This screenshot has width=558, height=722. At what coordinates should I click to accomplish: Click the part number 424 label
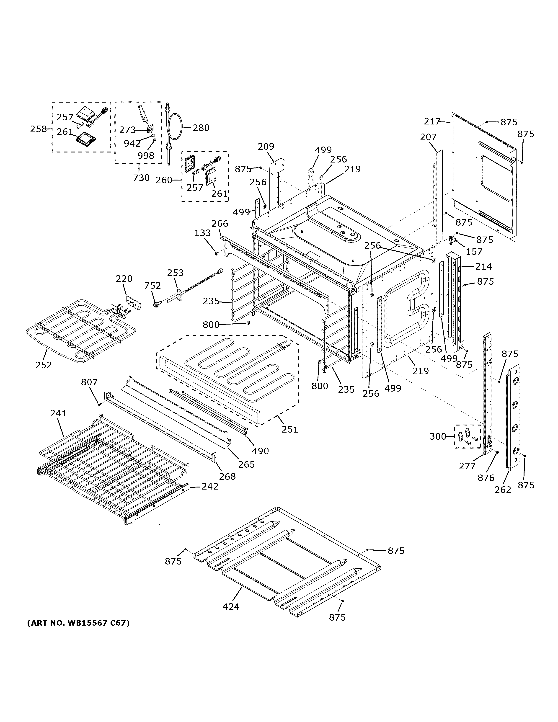tap(231, 607)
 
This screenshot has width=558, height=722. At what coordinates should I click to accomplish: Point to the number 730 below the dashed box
tap(141, 178)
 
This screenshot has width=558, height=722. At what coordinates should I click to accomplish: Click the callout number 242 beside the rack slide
tap(210, 486)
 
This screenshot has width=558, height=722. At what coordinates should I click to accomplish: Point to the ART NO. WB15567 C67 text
tap(78, 623)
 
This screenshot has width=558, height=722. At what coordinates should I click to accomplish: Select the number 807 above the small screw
tap(89, 382)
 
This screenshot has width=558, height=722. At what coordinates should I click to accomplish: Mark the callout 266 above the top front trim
tap(220, 224)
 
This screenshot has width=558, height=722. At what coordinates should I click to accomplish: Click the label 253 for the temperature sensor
tap(175, 273)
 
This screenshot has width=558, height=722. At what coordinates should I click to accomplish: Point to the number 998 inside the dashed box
tap(146, 155)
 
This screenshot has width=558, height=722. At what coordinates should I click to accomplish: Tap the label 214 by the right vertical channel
tap(484, 266)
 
